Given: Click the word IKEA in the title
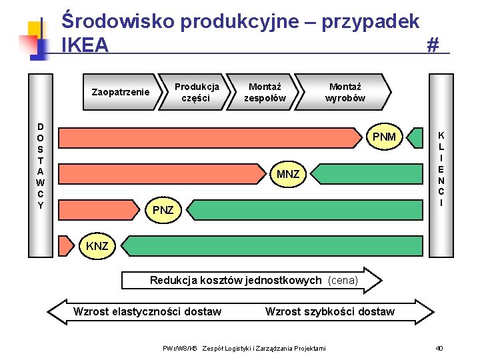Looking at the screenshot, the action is tap(85, 45).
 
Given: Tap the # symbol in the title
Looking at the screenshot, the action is tap(433, 45).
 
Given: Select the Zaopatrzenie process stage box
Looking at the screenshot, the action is tap(120, 92).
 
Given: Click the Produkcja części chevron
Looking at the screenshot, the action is tap(196, 92).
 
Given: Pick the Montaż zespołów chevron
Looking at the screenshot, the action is tap(265, 92).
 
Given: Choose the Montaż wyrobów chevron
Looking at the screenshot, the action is tap(345, 92).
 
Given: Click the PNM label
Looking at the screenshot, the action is tap(384, 137).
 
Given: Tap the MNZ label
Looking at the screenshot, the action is tap(288, 175).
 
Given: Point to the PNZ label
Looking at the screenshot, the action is tap(163, 210).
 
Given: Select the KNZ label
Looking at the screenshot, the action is tap(97, 247).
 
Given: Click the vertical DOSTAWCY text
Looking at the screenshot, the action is tap(40, 166).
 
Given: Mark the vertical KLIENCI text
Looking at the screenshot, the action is tap(441, 169).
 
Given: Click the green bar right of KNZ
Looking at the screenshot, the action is tap(273, 247).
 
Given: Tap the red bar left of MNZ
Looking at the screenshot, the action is tap(160, 175).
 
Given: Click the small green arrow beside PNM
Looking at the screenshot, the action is tap(416, 137).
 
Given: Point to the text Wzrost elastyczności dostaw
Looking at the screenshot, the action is tap(147, 311).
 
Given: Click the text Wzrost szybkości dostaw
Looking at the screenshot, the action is tap(329, 311).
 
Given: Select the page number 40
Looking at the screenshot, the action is tap(439, 348).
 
